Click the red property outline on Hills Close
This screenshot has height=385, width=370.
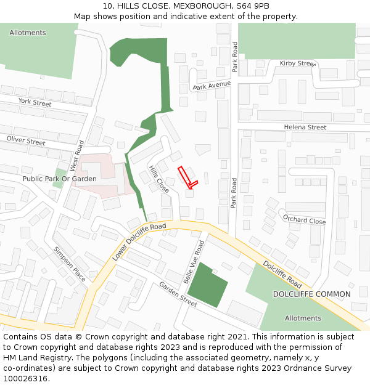[x=187, y=177]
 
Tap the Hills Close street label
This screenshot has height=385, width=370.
[x=158, y=179]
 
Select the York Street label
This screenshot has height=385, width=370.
[x=35, y=103]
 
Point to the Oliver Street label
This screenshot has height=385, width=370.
[x=26, y=141]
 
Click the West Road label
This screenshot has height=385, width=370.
[x=76, y=155]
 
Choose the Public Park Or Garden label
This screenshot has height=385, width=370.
[x=59, y=179]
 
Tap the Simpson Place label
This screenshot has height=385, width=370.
[x=70, y=264]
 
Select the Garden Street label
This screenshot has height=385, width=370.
[x=178, y=294]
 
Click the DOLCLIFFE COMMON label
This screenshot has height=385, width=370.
[x=311, y=294]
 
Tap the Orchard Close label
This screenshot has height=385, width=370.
[x=304, y=219]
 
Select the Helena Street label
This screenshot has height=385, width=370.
[x=305, y=128]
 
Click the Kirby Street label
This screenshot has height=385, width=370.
[x=297, y=63]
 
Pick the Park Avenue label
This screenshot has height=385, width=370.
[x=211, y=85]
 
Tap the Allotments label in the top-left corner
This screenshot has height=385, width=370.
[x=27, y=33]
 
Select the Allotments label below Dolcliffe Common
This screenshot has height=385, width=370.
[x=303, y=318]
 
